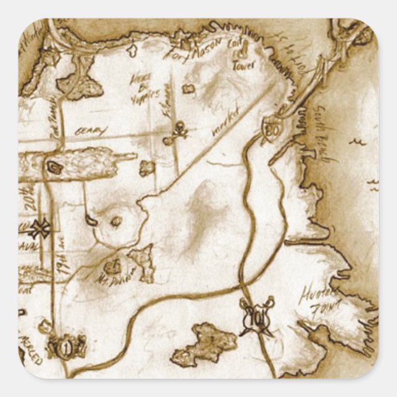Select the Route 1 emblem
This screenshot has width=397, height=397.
click(x=66, y=347)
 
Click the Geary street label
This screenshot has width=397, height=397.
click(x=91, y=131)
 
